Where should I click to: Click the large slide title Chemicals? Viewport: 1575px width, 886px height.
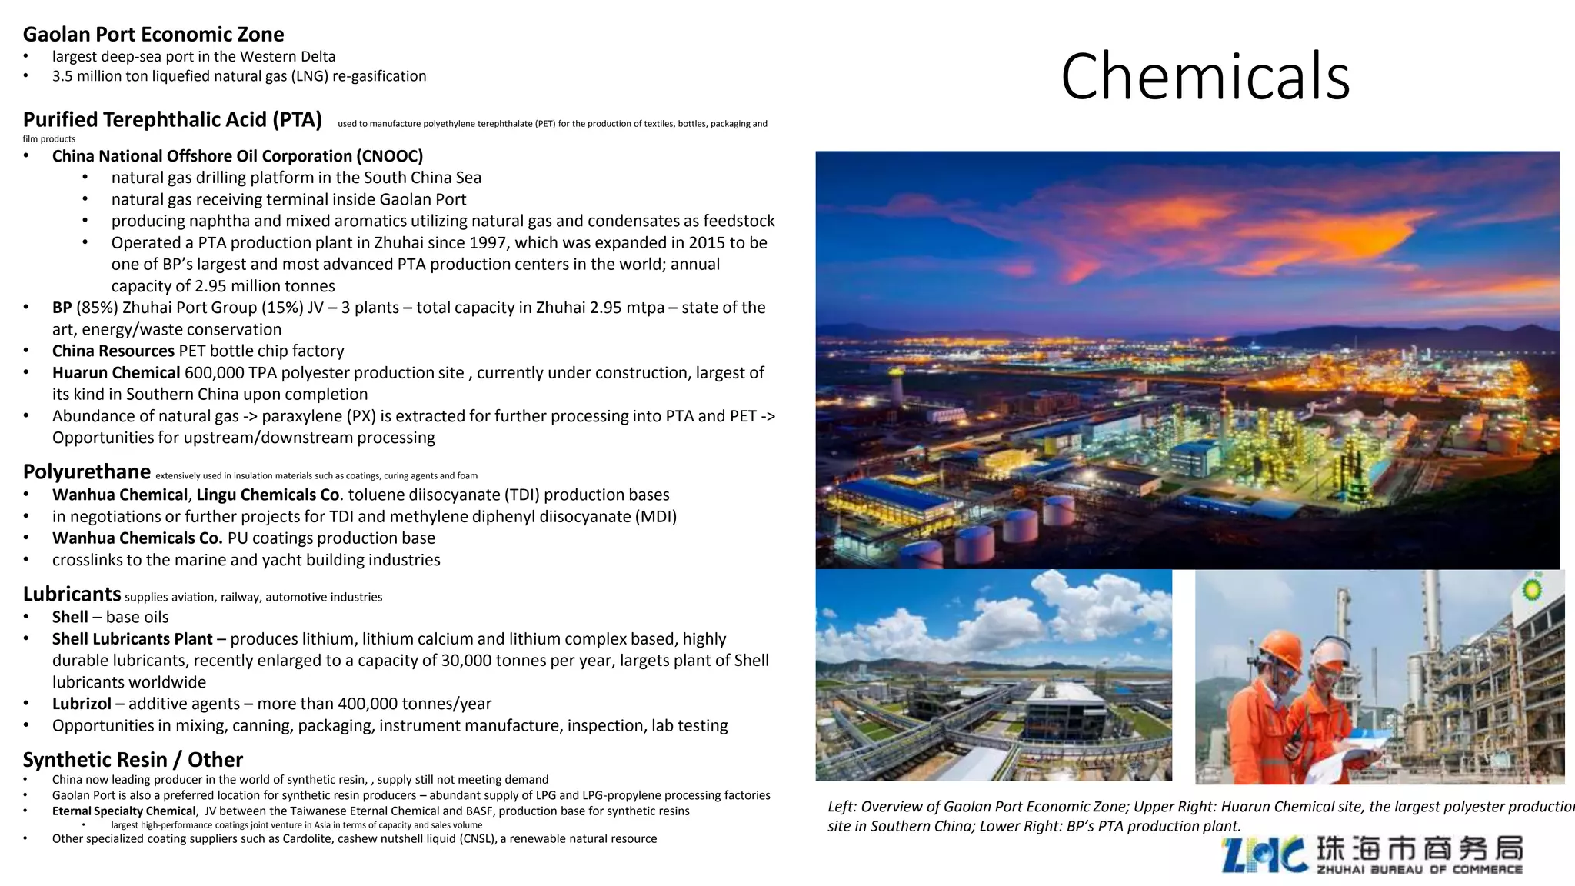[1204, 77]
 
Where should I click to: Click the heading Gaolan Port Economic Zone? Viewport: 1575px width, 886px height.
[153, 35]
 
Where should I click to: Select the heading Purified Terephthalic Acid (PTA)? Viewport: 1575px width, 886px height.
[172, 120]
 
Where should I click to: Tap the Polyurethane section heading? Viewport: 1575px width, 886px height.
[86, 471]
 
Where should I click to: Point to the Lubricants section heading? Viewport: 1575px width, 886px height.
[72, 595]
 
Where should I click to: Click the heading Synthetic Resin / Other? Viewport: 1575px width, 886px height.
[132, 760]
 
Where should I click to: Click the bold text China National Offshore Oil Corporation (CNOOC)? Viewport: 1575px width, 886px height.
[237, 156]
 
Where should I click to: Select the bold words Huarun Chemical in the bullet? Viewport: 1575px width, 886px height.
[115, 373]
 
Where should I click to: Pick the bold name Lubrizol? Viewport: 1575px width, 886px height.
[82, 704]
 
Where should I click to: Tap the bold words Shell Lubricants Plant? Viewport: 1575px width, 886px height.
[132, 639]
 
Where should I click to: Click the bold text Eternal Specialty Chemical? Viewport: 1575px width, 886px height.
[124, 811]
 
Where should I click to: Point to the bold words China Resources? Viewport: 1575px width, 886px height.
[113, 351]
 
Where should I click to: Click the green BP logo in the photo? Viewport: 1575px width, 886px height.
[1532, 590]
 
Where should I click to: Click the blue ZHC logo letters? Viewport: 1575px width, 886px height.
[1264, 855]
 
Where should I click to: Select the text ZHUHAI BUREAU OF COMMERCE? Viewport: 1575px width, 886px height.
[1419, 870]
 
